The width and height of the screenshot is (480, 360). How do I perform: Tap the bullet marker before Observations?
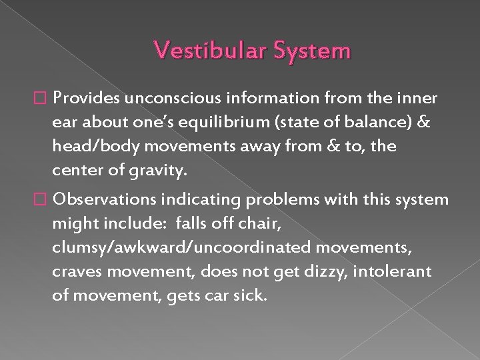tap(44, 200)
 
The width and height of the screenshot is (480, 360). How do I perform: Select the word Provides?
tap(85, 99)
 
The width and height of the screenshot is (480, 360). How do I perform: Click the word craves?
tap(74, 271)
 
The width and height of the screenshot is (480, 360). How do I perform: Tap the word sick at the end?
tap(250, 295)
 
